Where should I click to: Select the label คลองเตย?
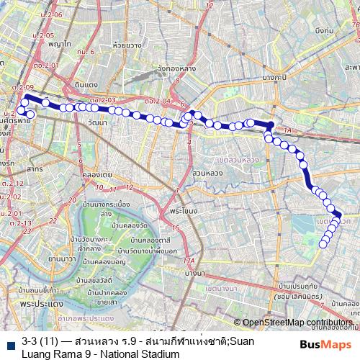tap(96, 174)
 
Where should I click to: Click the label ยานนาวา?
tap(62, 257)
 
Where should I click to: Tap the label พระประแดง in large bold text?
tap(30, 305)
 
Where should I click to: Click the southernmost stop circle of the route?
tap(323, 245)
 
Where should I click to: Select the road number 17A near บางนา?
tap(189, 261)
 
